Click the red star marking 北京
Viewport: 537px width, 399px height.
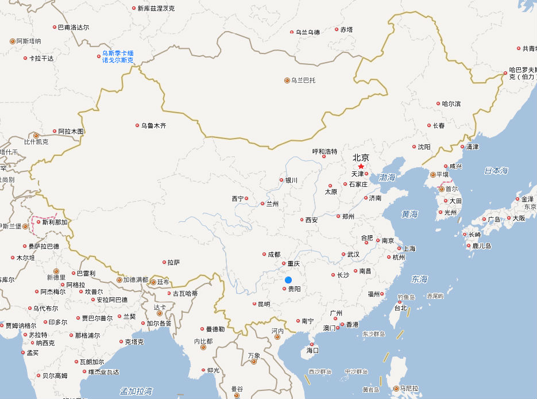tap(361, 166)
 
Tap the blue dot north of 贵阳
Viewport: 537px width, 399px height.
tap(288, 280)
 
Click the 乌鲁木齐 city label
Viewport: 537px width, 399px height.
tap(153, 125)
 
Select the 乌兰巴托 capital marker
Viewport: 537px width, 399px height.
tap(287, 80)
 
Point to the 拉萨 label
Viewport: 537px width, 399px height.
tap(173, 262)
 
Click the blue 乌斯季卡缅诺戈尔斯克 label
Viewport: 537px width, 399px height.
tap(118, 56)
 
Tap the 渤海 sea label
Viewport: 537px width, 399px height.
tap(388, 178)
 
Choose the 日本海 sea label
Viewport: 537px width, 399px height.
tap(496, 171)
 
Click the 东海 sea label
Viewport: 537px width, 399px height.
tap(419, 279)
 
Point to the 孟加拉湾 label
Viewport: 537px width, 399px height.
tap(136, 392)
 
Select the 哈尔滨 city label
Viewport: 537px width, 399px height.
tap(451, 104)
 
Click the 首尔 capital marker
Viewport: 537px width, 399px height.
tap(441, 189)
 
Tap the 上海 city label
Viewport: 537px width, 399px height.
tap(409, 249)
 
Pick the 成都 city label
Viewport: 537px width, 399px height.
tap(273, 254)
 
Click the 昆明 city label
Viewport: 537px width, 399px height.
tap(264, 304)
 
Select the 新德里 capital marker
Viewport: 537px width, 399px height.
tap(56, 271)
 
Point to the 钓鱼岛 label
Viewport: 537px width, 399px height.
tap(406, 297)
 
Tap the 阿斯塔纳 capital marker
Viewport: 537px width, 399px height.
tap(13, 41)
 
